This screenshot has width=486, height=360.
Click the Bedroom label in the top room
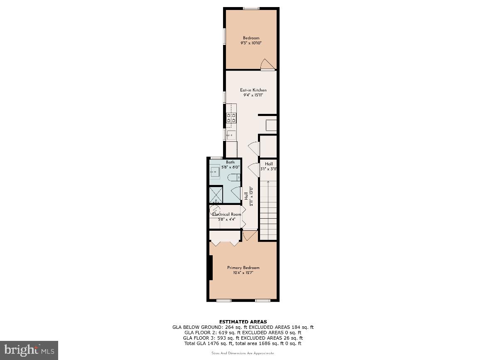(251, 38)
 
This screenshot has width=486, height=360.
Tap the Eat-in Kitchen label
(253, 90)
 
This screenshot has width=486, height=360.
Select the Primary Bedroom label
(243, 268)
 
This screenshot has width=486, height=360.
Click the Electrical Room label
(227, 215)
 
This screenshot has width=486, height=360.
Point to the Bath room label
(230, 162)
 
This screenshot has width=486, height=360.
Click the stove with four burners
(231, 118)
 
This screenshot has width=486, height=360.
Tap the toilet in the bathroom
(234, 178)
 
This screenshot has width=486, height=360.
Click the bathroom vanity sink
(215, 171)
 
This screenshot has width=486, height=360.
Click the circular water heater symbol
(215, 210)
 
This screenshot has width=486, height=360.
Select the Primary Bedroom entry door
(250, 235)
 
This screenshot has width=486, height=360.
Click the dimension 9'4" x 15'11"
(253, 95)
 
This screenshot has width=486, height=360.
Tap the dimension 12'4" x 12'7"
(243, 273)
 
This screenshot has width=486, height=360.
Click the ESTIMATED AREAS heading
(243, 322)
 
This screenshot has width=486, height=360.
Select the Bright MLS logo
(29, 350)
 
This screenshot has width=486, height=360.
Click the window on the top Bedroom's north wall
(251, 8)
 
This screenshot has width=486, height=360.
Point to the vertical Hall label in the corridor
(246, 196)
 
